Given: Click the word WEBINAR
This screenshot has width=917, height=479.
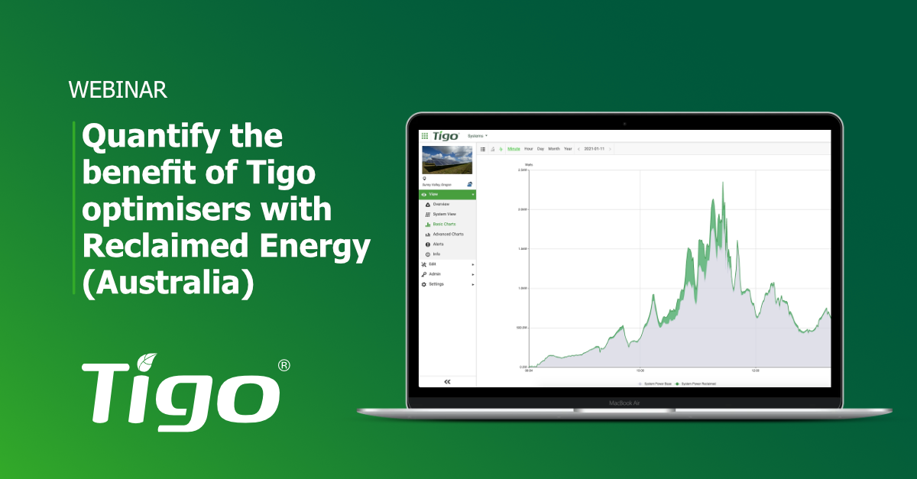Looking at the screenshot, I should pyautogui.click(x=118, y=90).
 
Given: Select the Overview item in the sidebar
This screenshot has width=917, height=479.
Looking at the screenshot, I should pyautogui.click(x=441, y=205).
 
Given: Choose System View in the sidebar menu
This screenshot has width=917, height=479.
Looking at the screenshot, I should pyautogui.click(x=444, y=215).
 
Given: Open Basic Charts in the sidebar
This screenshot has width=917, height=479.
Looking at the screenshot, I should pyautogui.click(x=444, y=225).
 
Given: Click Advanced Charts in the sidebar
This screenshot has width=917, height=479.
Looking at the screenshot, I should pyautogui.click(x=448, y=235).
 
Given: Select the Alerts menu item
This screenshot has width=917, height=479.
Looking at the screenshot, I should pyautogui.click(x=438, y=244).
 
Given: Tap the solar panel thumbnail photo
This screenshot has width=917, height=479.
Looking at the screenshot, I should pyautogui.click(x=447, y=160).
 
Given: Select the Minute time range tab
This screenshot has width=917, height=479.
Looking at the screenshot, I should pyautogui.click(x=514, y=149).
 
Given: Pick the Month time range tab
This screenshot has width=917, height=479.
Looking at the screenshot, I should pyautogui.click(x=554, y=149).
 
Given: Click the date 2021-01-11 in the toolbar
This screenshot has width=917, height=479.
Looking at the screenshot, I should pyautogui.click(x=595, y=149).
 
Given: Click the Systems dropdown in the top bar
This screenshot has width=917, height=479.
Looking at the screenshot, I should pyautogui.click(x=477, y=135).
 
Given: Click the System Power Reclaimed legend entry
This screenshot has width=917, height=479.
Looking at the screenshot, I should pyautogui.click(x=701, y=384).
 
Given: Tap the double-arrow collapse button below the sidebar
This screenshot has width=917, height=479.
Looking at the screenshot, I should pyautogui.click(x=447, y=381).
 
